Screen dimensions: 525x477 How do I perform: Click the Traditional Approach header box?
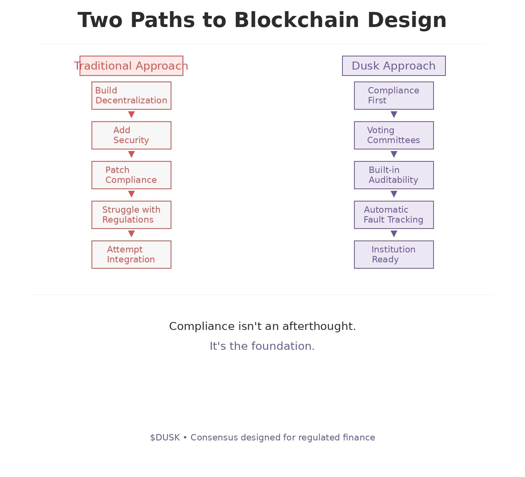[x=131, y=66]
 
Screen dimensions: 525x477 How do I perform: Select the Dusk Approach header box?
[x=394, y=66]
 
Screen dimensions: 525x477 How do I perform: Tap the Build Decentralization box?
[x=131, y=95]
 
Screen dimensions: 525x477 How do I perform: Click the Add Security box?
[x=131, y=135]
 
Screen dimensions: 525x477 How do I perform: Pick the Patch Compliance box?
[x=131, y=175]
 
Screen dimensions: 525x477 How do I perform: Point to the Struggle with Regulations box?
[x=131, y=215]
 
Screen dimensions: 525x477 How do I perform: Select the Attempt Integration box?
[x=131, y=254]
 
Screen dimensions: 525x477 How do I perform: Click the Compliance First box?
[x=394, y=95]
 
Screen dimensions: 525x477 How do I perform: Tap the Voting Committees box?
[x=394, y=135]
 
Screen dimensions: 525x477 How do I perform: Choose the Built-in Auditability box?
[x=394, y=175]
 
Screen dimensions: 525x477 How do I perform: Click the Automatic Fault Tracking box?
[x=394, y=215]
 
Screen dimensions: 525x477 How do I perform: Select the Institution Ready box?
[x=394, y=254]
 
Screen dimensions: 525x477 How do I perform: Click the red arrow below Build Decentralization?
[x=131, y=114]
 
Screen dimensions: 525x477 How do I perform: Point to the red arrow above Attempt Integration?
[x=131, y=234]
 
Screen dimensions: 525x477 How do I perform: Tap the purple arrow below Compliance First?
[x=394, y=114]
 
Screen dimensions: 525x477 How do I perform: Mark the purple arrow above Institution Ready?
[x=394, y=234]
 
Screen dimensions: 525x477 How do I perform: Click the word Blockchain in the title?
[x=297, y=20]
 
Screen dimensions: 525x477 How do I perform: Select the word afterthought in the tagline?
[x=319, y=326]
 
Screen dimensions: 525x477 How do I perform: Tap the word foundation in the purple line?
[x=283, y=346]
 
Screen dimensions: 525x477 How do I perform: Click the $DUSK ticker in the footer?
[x=165, y=438]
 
